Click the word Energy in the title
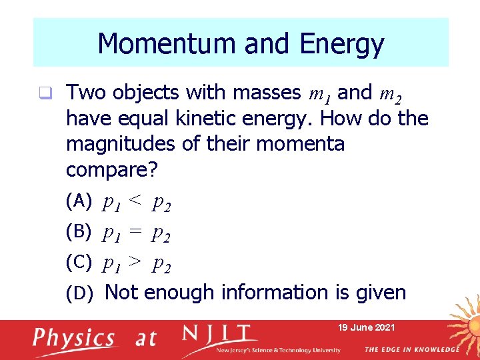(x=342, y=44)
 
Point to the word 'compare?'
(x=112, y=170)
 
